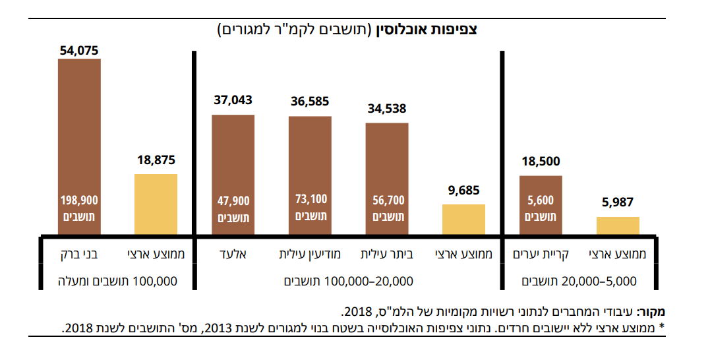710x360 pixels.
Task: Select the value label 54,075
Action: point(79,49)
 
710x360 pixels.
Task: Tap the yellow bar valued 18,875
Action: point(156,204)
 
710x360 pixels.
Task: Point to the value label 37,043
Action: point(233,100)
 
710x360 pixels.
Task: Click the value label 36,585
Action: point(310,102)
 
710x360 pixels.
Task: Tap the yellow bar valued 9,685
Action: point(463,220)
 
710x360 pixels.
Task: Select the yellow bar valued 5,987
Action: point(618,225)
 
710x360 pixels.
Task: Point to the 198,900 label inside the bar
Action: point(79,199)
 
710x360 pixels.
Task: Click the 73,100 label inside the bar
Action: point(310,199)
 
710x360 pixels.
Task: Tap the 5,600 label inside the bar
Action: point(541,200)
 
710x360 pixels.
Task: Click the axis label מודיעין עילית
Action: point(310,254)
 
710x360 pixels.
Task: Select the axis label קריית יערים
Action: point(541,254)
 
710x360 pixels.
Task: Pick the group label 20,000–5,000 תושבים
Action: point(579,281)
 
